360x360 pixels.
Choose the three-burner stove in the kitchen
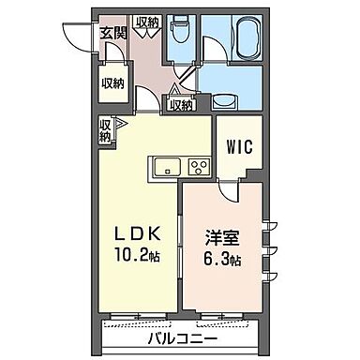tap(198, 169)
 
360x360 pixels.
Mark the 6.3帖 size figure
tap(222, 255)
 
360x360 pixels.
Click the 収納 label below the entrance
tap(112, 83)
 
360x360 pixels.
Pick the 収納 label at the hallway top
tap(147, 22)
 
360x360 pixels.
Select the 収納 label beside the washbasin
tap(182, 105)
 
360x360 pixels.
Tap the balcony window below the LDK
tap(140, 320)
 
